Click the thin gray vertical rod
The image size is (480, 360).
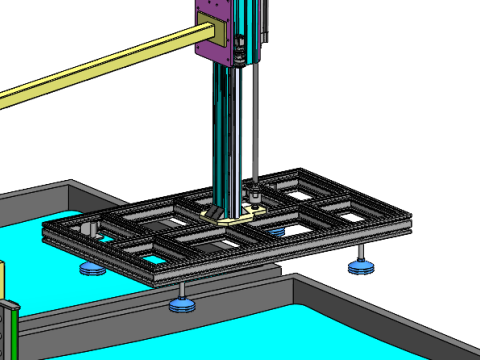(x=257, y=120)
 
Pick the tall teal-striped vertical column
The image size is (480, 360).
(x=228, y=130)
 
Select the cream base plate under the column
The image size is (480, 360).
(x=230, y=216)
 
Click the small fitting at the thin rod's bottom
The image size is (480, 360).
(x=256, y=192)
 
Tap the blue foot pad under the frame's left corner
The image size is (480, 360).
(x=92, y=268)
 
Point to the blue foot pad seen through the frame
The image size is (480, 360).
(x=276, y=231)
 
